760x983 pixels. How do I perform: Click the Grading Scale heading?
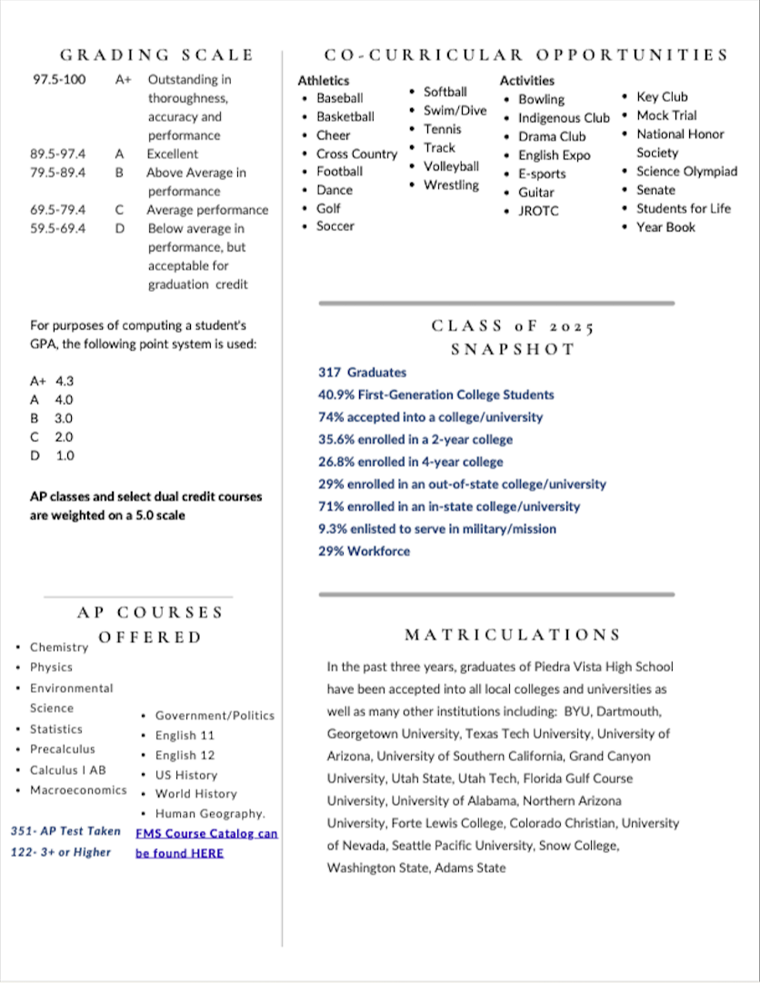(156, 55)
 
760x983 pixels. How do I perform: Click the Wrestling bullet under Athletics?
(451, 185)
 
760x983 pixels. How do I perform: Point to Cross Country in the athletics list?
(356, 154)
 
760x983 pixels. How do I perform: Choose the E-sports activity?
(542, 174)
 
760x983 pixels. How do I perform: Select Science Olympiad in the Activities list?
(686, 171)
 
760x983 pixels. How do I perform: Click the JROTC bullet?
(538, 211)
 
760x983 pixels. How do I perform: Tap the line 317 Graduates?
(362, 372)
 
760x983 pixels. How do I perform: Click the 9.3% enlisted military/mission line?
(436, 528)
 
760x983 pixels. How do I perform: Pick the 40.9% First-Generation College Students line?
(435, 395)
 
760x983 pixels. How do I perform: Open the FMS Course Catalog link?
(206, 833)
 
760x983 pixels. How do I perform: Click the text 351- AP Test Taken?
(65, 831)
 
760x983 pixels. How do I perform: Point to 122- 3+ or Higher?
(60, 852)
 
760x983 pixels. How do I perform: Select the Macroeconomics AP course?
(78, 790)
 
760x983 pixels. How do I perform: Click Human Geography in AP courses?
(210, 813)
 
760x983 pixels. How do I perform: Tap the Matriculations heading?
(513, 635)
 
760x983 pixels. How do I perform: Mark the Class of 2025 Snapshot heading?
(514, 336)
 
